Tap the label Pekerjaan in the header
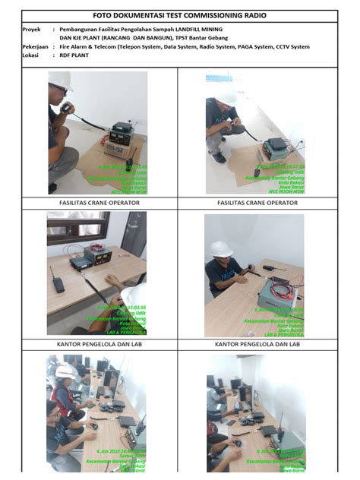tap(36, 47)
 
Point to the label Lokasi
tap(31, 55)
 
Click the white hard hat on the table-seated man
tap(221, 249)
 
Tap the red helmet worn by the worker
tap(65, 371)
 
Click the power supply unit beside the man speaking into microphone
tap(120, 134)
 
